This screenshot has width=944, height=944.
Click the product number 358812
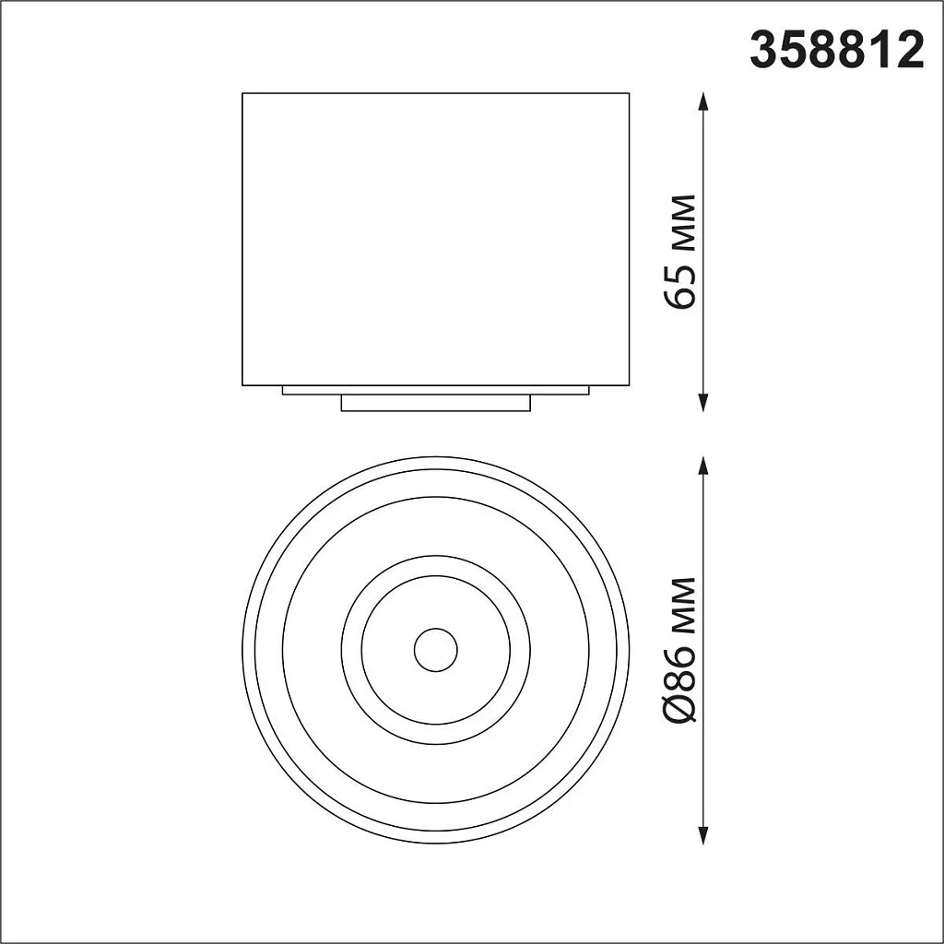tap(836, 51)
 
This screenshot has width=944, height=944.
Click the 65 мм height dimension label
tap(683, 252)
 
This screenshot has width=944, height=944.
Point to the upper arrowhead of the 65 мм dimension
tap(703, 100)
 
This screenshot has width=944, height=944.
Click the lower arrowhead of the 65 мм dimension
tap(703, 402)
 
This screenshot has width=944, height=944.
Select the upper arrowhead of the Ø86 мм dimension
tap(703, 465)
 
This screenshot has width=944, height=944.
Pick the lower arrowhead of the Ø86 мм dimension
tap(703, 836)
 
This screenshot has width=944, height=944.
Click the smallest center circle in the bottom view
tap(435, 651)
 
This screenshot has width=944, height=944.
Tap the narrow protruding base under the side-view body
tap(435, 403)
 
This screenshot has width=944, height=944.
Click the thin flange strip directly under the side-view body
tap(435, 390)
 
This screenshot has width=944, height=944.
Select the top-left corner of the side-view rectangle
tap(242, 93)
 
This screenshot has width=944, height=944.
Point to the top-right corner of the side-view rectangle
tap(629, 93)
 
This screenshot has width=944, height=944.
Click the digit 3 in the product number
tap(764, 51)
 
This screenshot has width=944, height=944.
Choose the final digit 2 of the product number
tap(909, 51)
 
